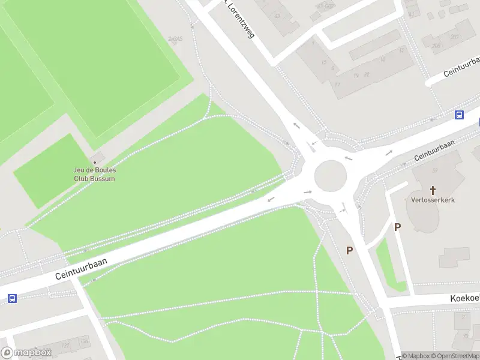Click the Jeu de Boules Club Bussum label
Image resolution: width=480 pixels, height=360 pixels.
click(94, 174)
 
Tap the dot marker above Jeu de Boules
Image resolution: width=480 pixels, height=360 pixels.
click(94, 162)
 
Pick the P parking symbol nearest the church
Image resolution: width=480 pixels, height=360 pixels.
click(397, 227)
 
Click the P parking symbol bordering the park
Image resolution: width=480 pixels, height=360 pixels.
click(350, 250)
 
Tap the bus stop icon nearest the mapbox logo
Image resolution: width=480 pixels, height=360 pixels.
click(12, 298)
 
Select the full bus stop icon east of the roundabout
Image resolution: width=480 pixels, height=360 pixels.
click(460, 115)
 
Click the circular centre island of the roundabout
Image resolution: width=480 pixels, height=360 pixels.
click(331, 176)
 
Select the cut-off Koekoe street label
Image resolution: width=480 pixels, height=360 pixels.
click(465, 298)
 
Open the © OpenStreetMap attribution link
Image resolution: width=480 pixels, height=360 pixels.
click(456, 356)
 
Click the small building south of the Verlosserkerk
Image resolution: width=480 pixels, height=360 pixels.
click(454, 257)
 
